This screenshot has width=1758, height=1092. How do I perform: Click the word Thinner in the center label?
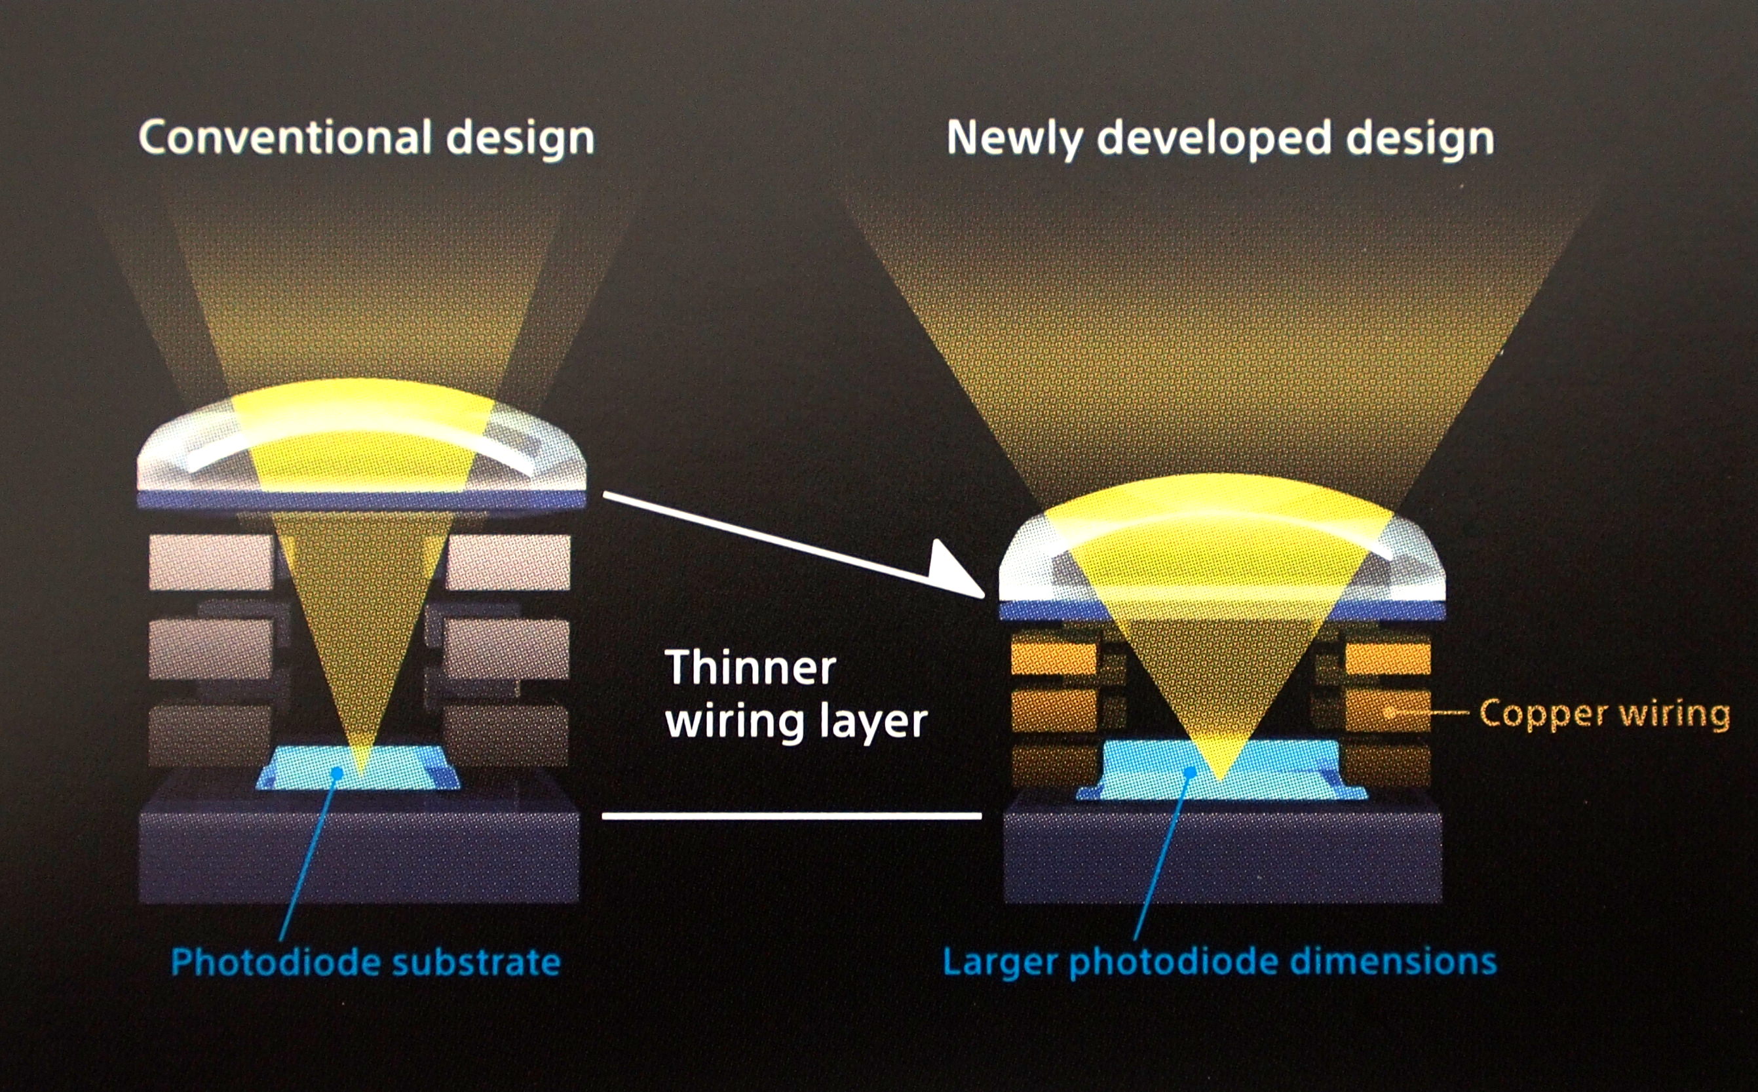pos(750,667)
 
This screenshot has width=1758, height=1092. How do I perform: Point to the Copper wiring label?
pos(1604,714)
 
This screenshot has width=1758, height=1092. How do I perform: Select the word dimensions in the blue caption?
pos(1392,962)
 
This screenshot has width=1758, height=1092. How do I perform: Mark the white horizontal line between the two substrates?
pos(792,816)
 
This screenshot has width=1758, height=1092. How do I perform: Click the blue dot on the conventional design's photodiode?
pos(336,773)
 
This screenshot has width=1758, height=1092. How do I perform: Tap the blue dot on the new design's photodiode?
pos(1190,773)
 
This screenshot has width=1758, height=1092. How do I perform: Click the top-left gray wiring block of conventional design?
pos(211,562)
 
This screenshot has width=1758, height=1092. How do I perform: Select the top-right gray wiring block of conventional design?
pos(508,562)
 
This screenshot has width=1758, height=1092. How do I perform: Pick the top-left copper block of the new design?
pos(1054,658)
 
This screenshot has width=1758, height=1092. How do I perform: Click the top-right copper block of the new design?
pos(1388,658)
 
